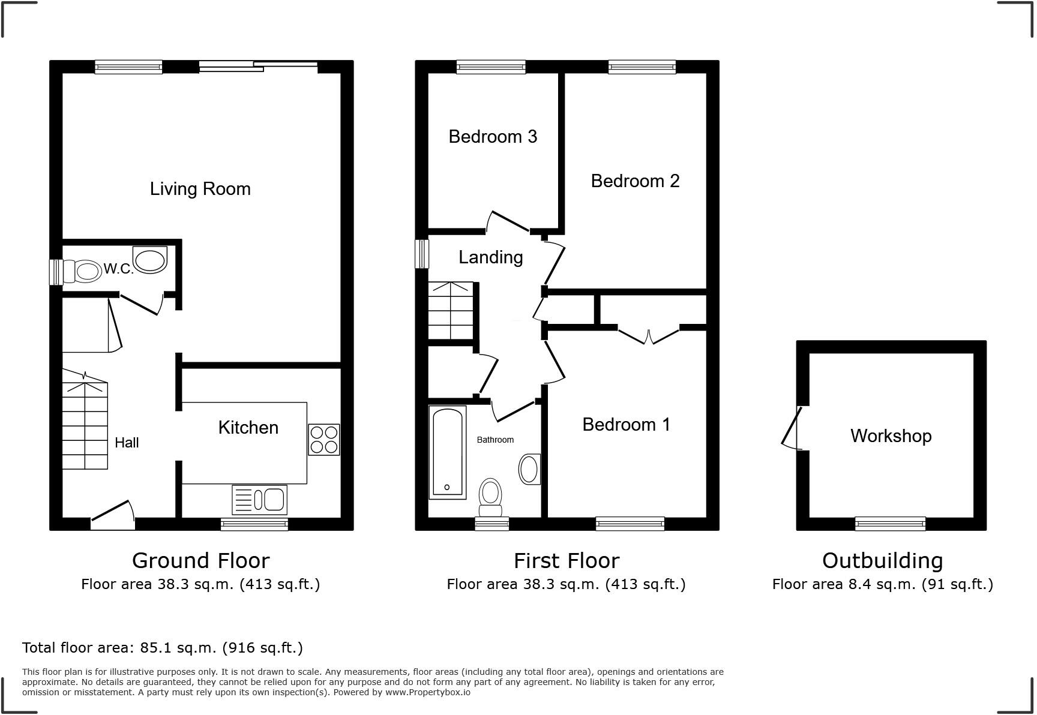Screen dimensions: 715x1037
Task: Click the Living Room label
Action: [x=200, y=189]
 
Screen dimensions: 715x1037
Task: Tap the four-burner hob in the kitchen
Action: [x=324, y=440]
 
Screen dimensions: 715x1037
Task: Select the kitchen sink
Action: [x=260, y=500]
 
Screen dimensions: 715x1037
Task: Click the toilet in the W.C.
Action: [x=83, y=272]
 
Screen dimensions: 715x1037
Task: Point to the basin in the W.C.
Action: [x=151, y=260]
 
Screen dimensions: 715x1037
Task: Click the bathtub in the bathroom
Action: [x=448, y=452]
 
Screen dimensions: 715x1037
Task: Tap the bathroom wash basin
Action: [x=529, y=469]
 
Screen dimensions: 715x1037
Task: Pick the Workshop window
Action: [x=890, y=524]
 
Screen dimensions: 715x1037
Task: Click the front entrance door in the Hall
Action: [x=113, y=515]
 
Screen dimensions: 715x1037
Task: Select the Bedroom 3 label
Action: [x=493, y=137]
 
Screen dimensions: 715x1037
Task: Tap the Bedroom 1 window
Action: [x=630, y=524]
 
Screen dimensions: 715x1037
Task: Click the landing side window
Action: [x=423, y=254]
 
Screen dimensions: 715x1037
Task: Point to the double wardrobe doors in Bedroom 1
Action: [x=649, y=336]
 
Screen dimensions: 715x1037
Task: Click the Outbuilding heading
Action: [x=882, y=561]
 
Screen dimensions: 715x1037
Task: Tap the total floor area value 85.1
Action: [x=153, y=648]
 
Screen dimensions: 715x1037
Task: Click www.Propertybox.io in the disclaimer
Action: [x=428, y=692]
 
